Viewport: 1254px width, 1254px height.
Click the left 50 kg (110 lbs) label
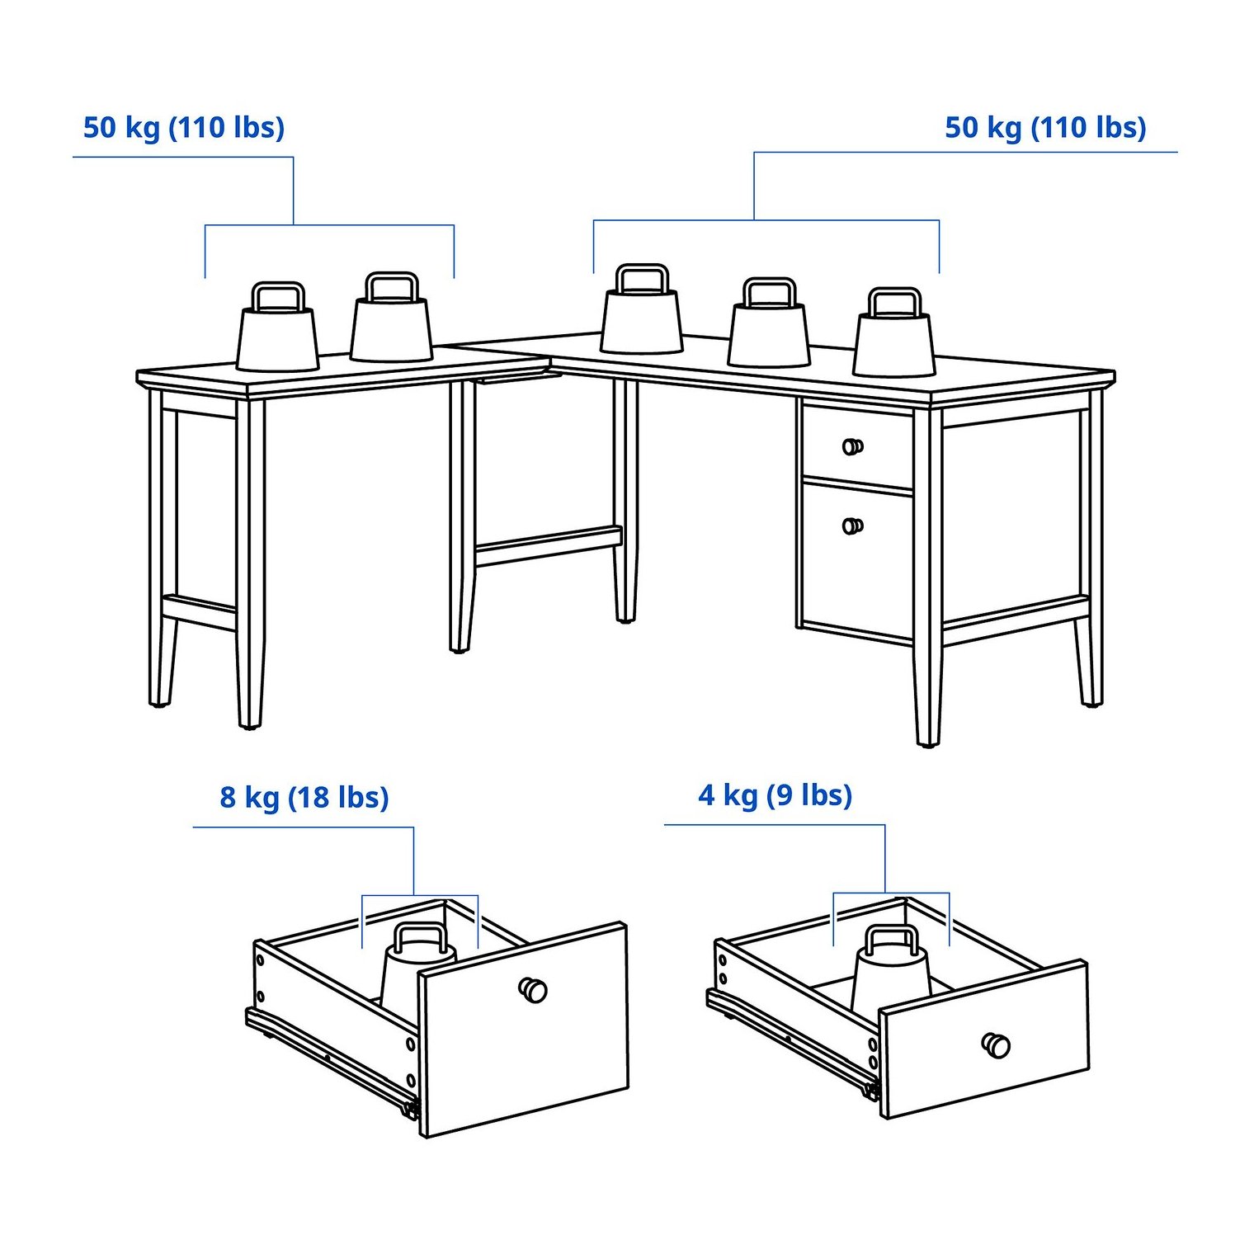pos(184,128)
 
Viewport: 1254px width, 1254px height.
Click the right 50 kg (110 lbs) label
pos(1045,128)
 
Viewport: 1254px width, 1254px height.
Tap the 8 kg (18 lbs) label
pos(304,798)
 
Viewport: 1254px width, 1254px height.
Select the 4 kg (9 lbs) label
pos(775,795)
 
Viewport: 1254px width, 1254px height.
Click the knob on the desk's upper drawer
pos(853,446)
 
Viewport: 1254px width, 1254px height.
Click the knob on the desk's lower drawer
pos(853,526)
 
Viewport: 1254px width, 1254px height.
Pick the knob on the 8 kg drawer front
pos(533,988)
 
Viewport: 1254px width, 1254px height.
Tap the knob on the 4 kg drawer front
pos(996,1045)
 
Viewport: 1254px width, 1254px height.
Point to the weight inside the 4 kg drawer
pos(891,972)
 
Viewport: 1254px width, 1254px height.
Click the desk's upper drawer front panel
pos(858,445)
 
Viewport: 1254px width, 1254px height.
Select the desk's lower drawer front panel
pos(858,561)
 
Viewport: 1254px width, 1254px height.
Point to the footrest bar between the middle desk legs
pos(549,546)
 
